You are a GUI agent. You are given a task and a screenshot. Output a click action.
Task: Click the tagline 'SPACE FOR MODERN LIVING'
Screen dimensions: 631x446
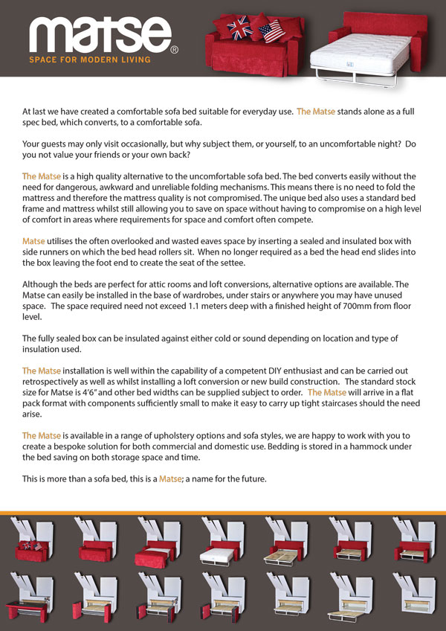(89, 59)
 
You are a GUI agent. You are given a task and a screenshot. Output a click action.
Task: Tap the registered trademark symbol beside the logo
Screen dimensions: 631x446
(174, 51)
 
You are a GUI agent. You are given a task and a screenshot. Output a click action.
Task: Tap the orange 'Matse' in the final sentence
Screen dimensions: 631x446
(170, 479)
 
